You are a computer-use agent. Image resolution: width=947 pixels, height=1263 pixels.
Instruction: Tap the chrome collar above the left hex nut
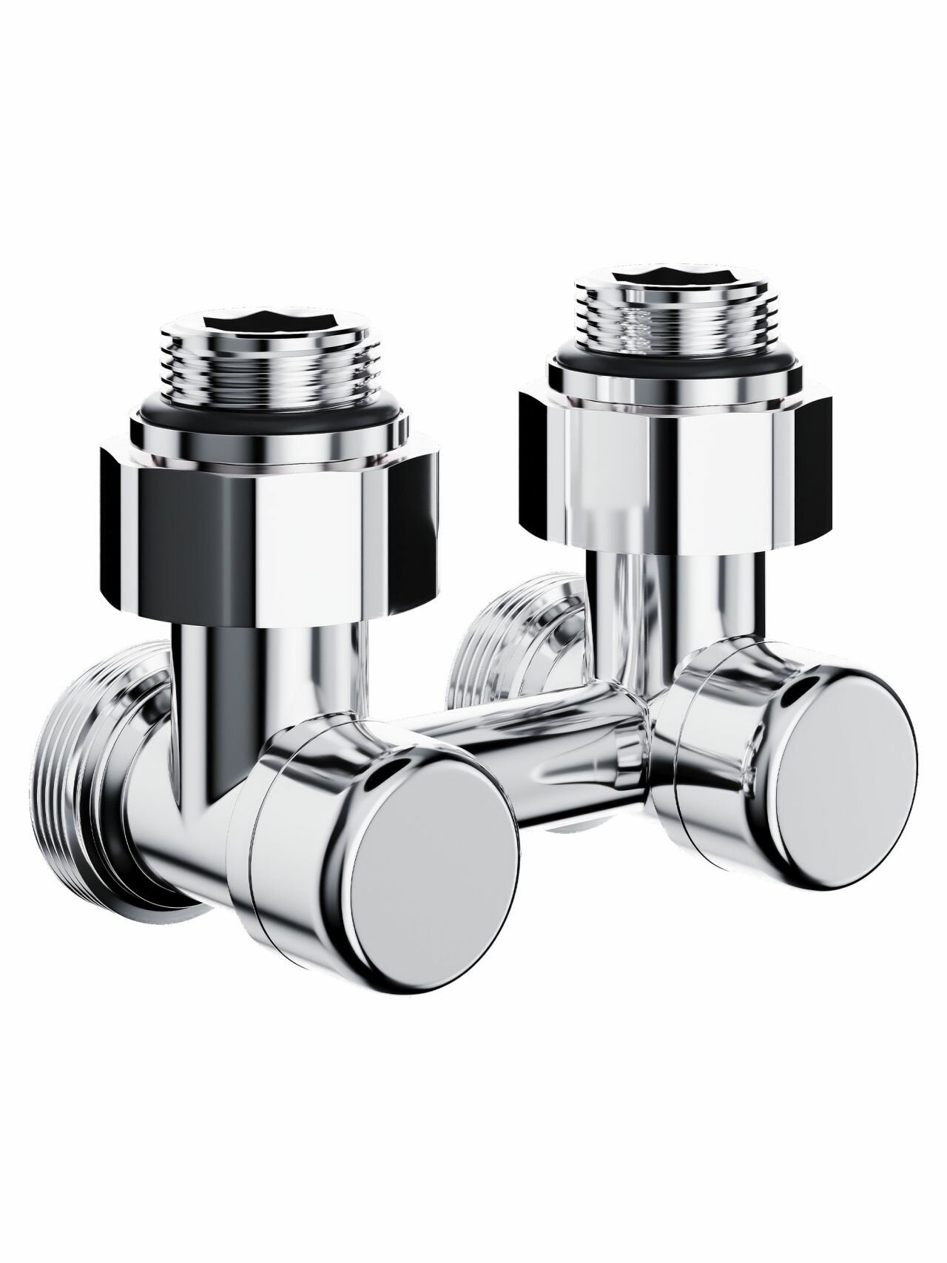coord(266,437)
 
